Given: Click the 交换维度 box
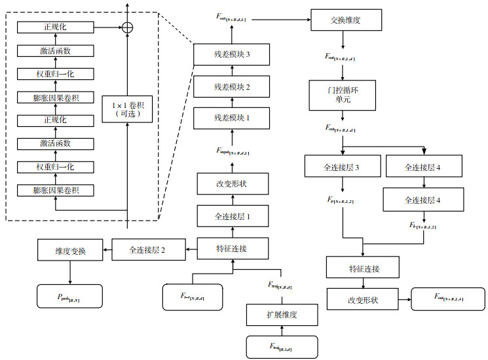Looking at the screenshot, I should (x=345, y=20).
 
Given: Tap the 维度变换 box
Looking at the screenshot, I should (x=71, y=249).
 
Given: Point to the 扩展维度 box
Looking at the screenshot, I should (x=282, y=315).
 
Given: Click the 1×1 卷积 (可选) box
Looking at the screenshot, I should (x=127, y=108).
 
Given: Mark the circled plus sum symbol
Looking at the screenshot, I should (x=127, y=27).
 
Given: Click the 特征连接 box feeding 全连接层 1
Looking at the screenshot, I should (x=232, y=248).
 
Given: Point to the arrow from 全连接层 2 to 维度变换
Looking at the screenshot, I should (x=108, y=249).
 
